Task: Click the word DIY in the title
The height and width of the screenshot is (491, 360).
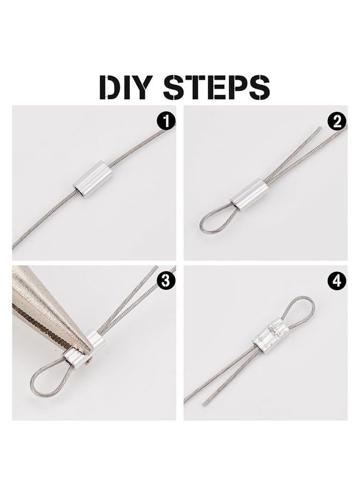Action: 126,87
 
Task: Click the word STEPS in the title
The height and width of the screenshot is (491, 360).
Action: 217,87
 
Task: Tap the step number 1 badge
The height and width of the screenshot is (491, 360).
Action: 166,121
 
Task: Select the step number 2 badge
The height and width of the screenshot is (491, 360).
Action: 337,121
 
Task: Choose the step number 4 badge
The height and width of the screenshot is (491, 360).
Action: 337,280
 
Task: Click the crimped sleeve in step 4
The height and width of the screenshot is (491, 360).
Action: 270,338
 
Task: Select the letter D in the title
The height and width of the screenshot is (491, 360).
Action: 109,87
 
